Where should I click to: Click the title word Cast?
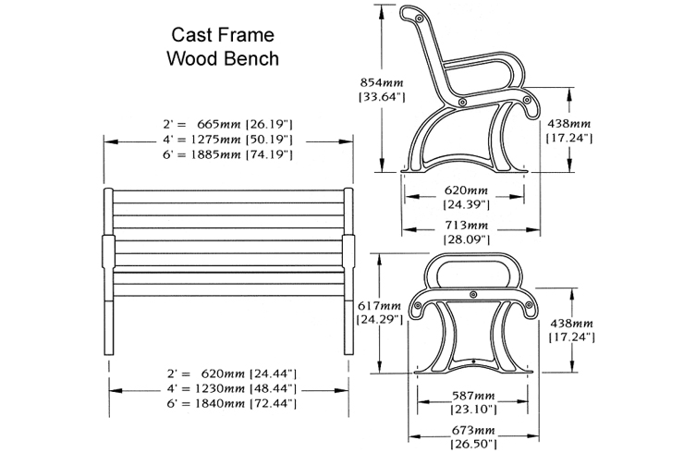pos(189,35)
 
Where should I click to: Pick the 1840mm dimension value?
pos(213,404)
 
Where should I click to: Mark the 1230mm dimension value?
pos(213,388)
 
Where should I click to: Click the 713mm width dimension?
pos(465,225)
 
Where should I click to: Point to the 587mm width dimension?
pos(471,395)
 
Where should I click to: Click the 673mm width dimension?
pos(471,431)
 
